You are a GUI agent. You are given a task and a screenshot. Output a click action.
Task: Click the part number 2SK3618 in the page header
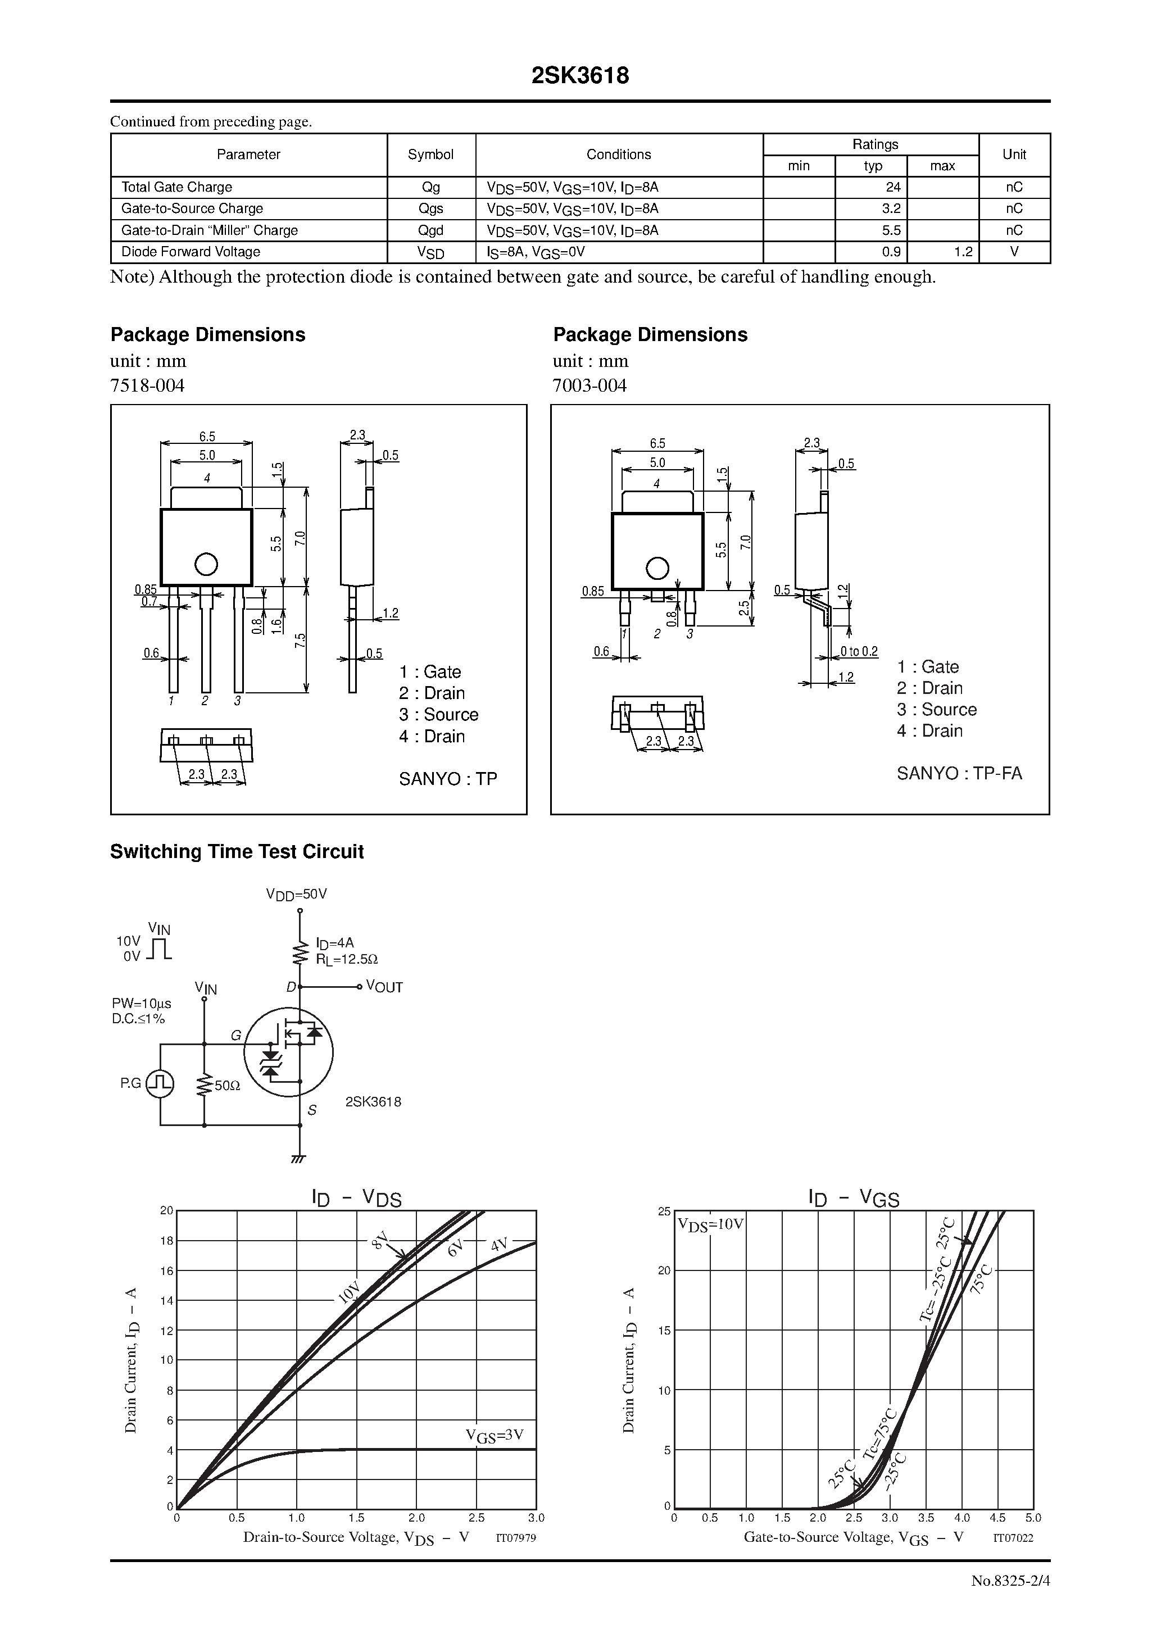[x=580, y=76]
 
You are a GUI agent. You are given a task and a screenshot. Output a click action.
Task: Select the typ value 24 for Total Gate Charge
[x=892, y=188]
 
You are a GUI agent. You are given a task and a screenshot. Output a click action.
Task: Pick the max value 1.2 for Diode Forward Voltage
[x=963, y=252]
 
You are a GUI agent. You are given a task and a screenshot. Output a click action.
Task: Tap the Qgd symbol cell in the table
[x=431, y=230]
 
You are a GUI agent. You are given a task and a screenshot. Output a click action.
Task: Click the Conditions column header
[x=619, y=155]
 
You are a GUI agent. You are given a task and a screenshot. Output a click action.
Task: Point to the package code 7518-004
[x=147, y=385]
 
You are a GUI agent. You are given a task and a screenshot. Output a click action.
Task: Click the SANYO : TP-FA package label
[x=959, y=774]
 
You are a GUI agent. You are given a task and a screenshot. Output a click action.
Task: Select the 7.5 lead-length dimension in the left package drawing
[x=301, y=641]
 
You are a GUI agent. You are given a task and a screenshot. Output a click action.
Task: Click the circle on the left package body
[x=206, y=565]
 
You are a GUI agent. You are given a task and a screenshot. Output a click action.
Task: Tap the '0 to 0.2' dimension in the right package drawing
[x=859, y=651]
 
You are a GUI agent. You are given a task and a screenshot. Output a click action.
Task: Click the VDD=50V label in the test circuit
[x=296, y=894]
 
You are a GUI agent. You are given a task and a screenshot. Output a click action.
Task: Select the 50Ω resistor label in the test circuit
[x=227, y=1086]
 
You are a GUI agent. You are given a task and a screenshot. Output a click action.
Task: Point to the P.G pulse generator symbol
[x=160, y=1083]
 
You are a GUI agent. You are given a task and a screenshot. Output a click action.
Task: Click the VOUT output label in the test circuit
[x=384, y=987]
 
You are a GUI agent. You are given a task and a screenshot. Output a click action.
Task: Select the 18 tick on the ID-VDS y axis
[x=167, y=1241]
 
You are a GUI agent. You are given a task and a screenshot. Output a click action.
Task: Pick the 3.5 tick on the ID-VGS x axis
[x=926, y=1518]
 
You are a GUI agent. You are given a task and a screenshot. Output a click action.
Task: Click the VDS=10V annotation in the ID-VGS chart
[x=711, y=1224]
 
